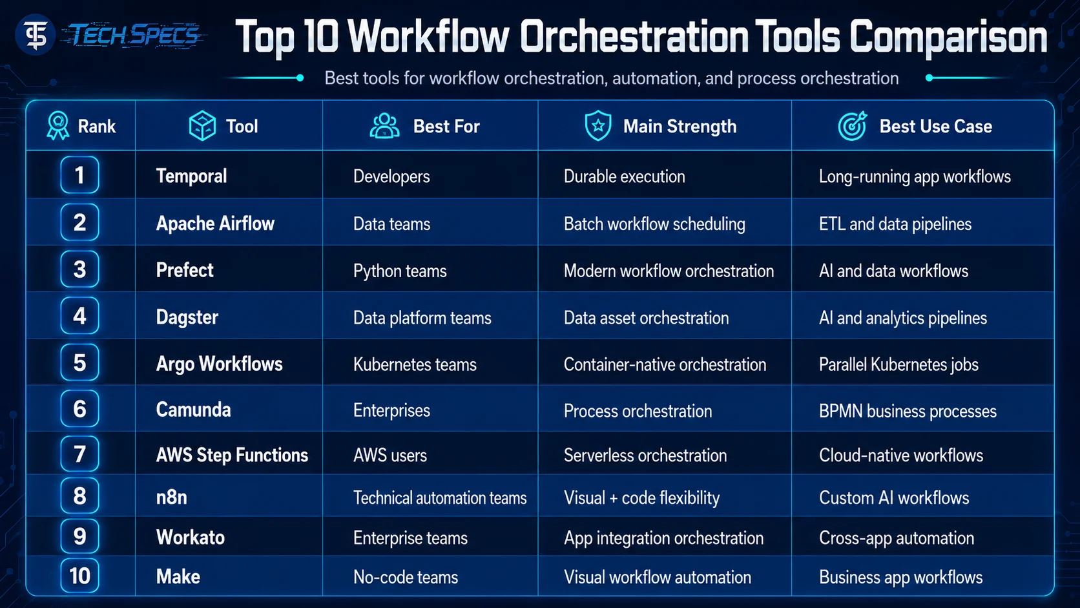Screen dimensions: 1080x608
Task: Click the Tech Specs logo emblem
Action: click(35, 35)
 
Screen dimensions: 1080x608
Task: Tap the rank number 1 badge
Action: click(79, 175)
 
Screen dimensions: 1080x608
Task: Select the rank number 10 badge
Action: click(79, 576)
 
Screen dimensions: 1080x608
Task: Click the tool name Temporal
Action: click(191, 176)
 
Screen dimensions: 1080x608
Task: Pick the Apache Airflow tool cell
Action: click(215, 224)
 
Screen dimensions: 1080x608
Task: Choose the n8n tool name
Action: click(172, 497)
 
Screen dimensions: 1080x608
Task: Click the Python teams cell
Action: click(400, 271)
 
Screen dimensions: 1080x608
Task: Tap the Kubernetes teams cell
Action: click(415, 364)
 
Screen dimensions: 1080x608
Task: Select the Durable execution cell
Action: click(625, 176)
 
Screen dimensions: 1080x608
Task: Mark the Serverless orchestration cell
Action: click(645, 455)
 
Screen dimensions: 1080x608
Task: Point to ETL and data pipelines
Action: click(895, 224)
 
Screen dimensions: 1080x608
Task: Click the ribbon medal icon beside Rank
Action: click(58, 126)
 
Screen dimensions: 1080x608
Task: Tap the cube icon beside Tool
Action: click(202, 126)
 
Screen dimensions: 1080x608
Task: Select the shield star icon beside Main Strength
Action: click(598, 125)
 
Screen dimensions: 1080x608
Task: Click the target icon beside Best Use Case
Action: click(853, 126)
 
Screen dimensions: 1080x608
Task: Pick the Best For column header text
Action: click(446, 127)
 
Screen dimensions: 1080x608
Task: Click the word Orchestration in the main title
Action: click(634, 37)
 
